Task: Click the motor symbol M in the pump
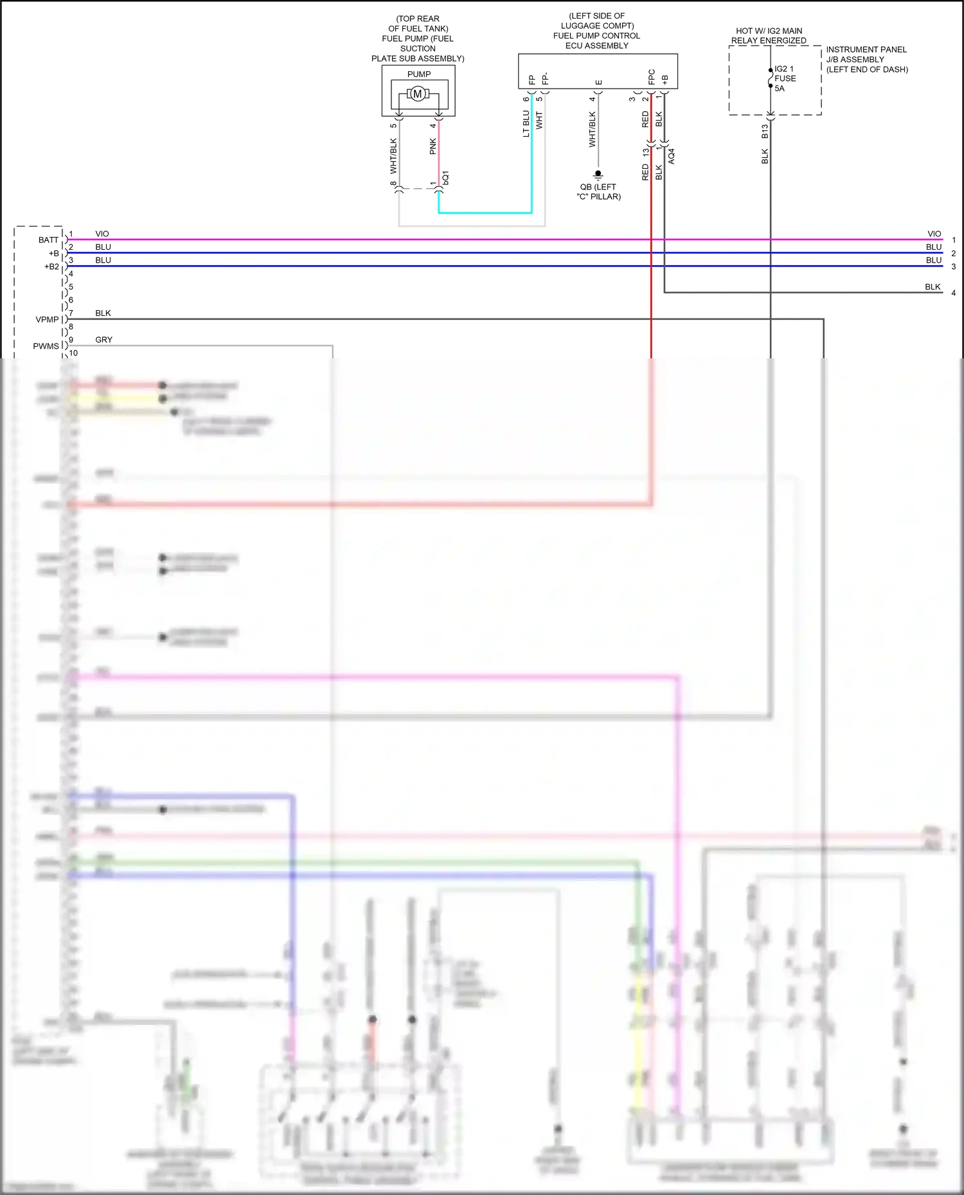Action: [418, 94]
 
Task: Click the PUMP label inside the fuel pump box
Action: [419, 74]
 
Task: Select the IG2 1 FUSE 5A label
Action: [785, 78]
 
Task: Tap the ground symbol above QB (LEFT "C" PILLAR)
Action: [598, 174]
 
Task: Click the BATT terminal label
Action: [48, 240]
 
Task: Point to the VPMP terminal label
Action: [47, 320]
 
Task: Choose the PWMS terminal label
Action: [46, 346]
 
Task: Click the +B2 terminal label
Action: [51, 266]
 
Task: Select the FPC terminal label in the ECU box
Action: [652, 77]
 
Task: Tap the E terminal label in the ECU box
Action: [599, 82]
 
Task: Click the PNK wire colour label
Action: [433, 146]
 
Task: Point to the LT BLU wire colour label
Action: [526, 123]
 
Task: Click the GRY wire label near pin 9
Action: [103, 340]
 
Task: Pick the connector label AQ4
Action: [672, 156]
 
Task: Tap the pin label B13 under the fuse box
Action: [765, 131]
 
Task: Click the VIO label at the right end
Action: [934, 234]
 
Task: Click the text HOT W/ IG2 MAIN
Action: [769, 31]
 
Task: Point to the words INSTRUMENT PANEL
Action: [866, 49]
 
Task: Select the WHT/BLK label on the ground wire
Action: [593, 130]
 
